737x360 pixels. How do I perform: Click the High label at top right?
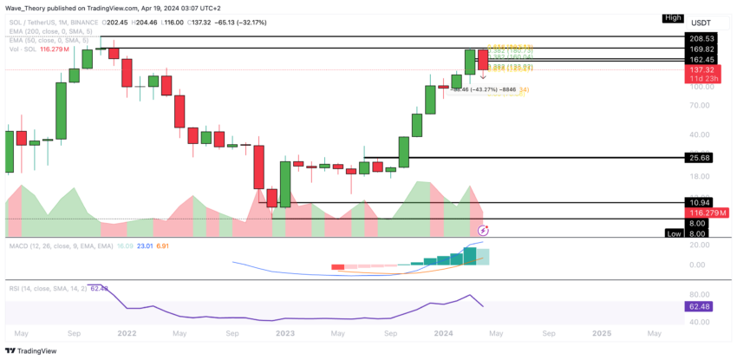coord(673,17)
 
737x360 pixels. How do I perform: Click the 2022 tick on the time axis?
coord(127,332)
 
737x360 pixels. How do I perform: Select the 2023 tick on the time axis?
coord(285,332)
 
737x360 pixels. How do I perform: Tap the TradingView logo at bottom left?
coord(31,350)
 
